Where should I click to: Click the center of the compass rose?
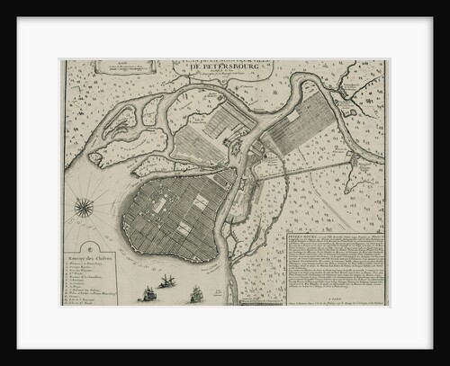[x=84, y=208]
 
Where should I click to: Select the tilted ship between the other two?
[x=167, y=282]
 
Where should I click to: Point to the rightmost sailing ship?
[x=196, y=294]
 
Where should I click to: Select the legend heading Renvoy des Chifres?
[x=88, y=261]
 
